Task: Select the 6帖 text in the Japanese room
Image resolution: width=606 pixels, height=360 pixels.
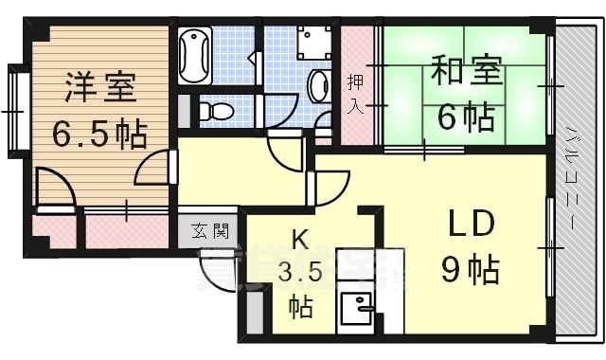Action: pos(464,118)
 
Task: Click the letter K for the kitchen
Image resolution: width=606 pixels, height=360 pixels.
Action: pos(299,241)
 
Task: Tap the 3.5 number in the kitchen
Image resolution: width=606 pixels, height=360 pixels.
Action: pos(299,276)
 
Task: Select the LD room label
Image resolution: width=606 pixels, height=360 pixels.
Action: pos(470,227)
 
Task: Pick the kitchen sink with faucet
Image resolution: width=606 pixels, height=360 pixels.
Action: pos(355,309)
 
